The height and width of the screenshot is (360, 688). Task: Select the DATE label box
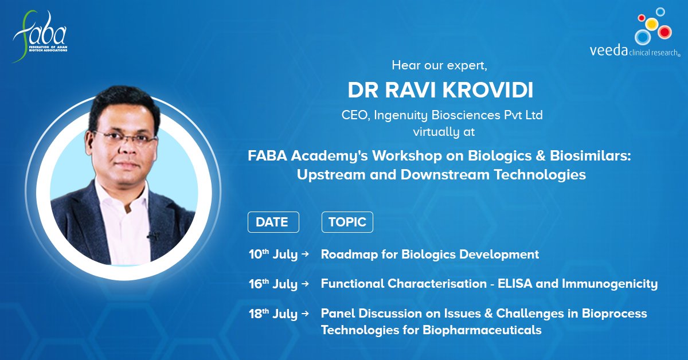click(x=273, y=222)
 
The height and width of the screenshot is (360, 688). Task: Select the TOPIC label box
click(x=347, y=222)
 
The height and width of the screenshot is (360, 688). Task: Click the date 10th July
click(x=273, y=255)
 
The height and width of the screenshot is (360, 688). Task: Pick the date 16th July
click(x=273, y=284)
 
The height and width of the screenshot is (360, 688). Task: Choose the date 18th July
click(x=273, y=314)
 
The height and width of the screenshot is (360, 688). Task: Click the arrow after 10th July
click(x=305, y=255)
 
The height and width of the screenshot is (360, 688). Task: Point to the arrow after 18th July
click(x=305, y=314)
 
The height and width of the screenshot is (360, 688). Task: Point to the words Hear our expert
click(x=439, y=65)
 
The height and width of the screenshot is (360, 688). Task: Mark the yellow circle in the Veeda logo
click(x=651, y=24)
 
